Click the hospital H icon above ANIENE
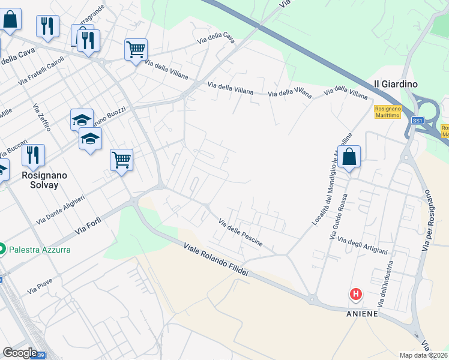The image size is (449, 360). pos(356,294)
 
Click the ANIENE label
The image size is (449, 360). pos(363,313)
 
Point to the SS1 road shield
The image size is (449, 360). pos(418,121)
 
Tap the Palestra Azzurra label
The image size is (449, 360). pos(40,249)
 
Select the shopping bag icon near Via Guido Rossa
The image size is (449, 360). pos(349,157)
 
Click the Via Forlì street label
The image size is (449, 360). pos(89,226)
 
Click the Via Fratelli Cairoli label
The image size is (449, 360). pos(41,70)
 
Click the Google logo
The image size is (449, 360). pos(20,353)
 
